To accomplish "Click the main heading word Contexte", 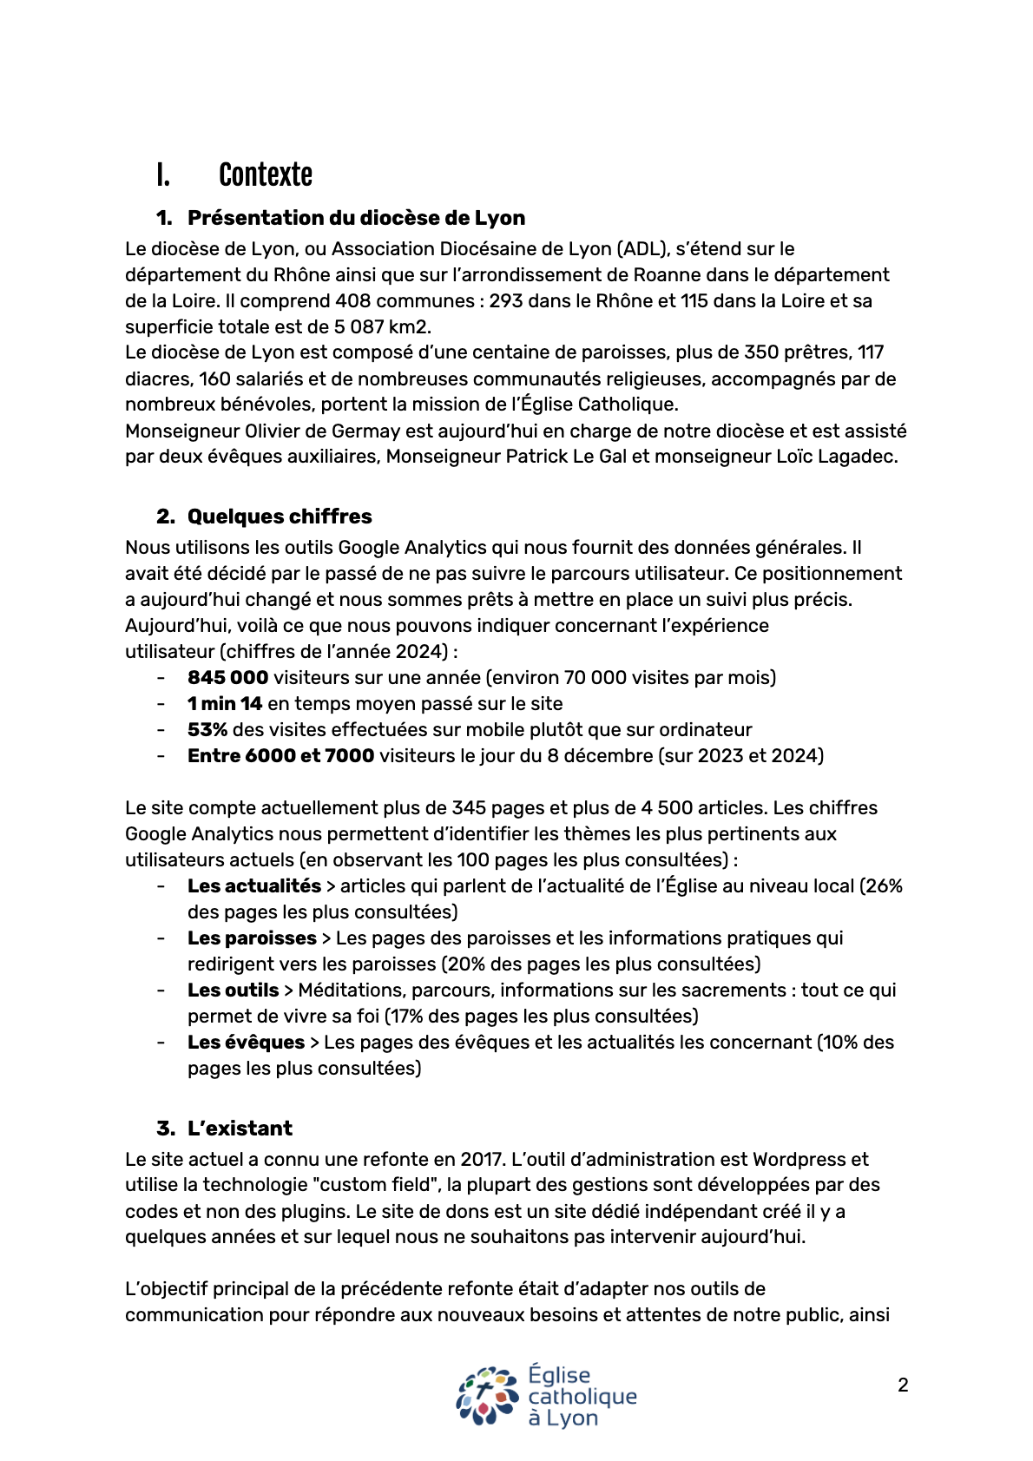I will (x=265, y=175).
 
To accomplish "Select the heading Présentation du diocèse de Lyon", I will (x=356, y=218).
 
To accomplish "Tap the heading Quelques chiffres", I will (x=280, y=517).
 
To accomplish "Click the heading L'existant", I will (x=240, y=1129).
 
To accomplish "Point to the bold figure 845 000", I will (x=227, y=678).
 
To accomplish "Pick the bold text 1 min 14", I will (x=225, y=704).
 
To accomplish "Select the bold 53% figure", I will (x=207, y=730).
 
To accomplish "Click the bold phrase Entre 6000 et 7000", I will (x=280, y=756).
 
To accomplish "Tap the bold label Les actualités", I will (x=254, y=886).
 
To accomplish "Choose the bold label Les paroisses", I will (x=252, y=938).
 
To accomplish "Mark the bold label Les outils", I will (x=233, y=990).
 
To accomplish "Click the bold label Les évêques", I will (x=246, y=1043).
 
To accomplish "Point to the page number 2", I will (x=903, y=1385).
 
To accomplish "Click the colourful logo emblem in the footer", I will (x=488, y=1396).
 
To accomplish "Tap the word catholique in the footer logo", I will (x=582, y=1397).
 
